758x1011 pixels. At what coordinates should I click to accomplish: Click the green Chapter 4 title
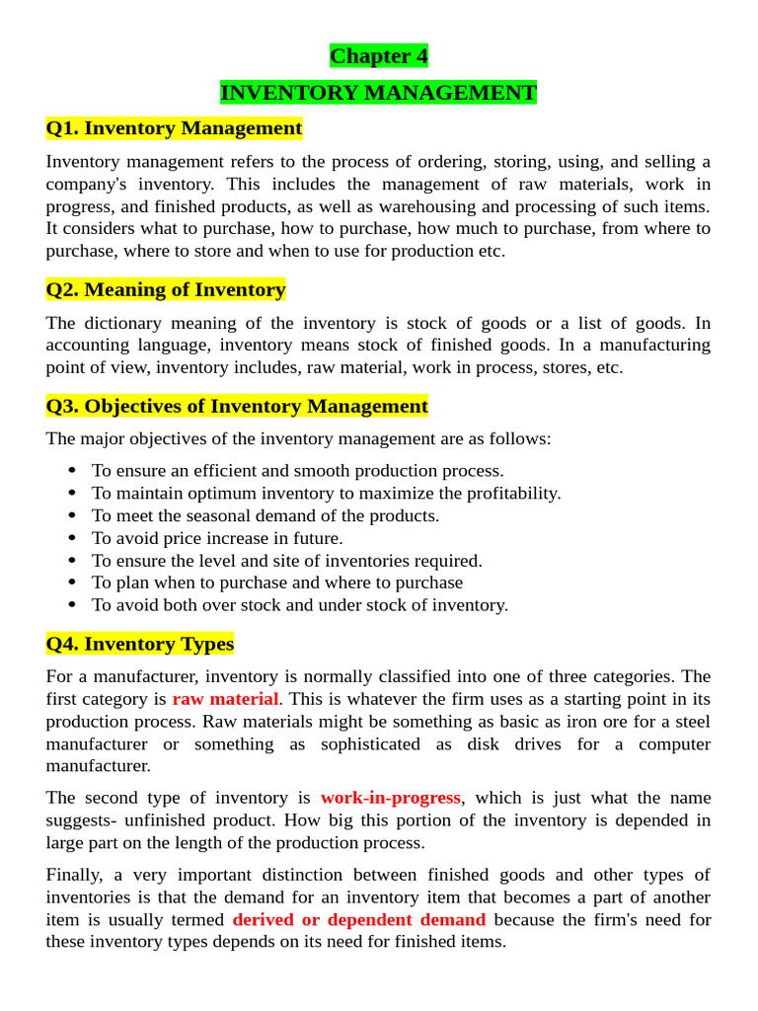point(378,56)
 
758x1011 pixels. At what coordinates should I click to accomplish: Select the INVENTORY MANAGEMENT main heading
point(378,93)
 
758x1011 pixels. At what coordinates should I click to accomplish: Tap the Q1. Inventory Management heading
point(174,128)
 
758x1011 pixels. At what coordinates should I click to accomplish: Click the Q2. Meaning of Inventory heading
point(165,289)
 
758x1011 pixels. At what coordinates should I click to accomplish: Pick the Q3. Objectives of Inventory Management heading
point(237,406)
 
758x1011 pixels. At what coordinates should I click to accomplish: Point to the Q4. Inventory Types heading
point(139,644)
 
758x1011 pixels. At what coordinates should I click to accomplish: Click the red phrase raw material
point(225,699)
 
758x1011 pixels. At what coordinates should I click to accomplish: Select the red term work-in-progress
point(391,798)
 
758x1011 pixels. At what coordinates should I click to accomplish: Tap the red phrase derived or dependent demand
point(358,920)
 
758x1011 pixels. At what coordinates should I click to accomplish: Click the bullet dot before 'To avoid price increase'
point(72,538)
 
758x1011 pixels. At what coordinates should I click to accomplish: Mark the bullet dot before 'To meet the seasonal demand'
point(72,515)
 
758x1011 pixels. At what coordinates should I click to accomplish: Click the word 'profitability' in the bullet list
point(511,493)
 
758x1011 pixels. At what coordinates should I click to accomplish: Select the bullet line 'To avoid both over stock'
point(300,605)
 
